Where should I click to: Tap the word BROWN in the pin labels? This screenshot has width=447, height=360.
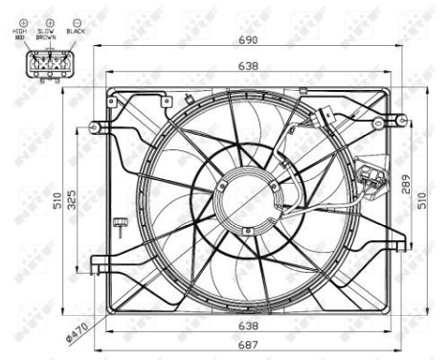45,37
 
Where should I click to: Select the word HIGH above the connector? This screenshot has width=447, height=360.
20,32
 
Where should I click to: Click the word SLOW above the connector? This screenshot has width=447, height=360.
44,32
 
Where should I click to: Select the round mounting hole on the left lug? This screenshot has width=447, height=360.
95,126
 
